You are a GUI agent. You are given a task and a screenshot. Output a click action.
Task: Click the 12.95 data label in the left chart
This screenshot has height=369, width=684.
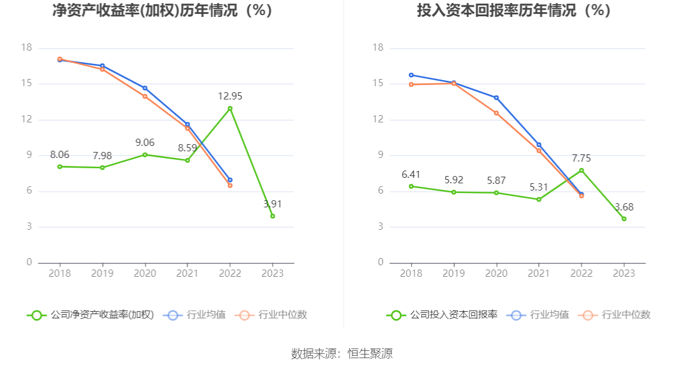[230, 96]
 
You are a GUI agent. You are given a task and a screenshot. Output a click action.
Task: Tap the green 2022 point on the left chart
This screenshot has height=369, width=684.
[230, 109]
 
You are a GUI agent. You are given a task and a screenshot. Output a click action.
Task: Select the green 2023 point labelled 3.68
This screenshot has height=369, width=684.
[624, 219]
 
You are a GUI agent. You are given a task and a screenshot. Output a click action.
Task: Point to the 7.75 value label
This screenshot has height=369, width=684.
[581, 159]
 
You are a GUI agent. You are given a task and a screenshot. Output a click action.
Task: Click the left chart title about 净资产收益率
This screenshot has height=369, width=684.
[162, 11]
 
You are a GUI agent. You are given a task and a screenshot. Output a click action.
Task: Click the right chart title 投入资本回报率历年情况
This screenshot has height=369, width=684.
[514, 11]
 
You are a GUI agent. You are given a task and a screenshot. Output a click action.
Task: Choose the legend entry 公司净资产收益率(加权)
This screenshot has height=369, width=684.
[90, 315]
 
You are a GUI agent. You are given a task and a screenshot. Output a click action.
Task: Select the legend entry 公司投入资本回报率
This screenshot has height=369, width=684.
[442, 315]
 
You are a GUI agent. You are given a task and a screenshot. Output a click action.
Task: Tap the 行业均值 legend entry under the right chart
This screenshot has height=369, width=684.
[539, 315]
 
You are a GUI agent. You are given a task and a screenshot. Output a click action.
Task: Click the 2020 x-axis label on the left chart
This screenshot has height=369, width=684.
[145, 273]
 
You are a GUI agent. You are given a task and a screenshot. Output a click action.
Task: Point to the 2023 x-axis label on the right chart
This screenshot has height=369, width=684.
[624, 273]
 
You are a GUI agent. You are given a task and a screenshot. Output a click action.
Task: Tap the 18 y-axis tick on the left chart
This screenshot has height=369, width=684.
[26, 48]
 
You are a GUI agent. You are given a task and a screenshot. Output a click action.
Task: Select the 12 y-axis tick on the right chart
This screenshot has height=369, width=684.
[378, 119]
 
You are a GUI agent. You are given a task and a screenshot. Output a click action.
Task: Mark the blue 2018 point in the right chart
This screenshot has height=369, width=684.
[411, 75]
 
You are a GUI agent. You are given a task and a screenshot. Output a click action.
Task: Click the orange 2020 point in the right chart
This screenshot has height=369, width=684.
[496, 113]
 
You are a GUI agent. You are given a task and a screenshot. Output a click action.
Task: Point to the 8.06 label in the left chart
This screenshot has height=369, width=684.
[60, 154]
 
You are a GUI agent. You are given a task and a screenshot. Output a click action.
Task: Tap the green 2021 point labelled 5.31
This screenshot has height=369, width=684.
[539, 199]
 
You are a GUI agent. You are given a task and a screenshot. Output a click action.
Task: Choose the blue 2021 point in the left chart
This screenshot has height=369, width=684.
[187, 124]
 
